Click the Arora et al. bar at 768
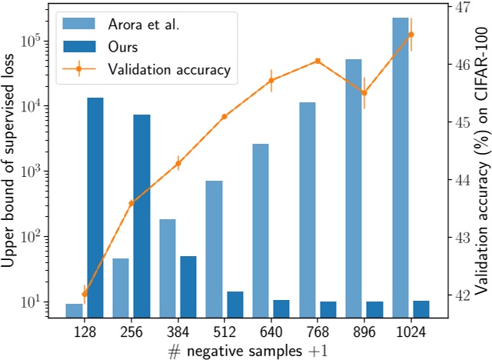point(307,208)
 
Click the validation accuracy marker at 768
point(317,61)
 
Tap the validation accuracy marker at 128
point(85,294)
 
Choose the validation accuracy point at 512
point(224,116)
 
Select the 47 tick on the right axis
point(453,8)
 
